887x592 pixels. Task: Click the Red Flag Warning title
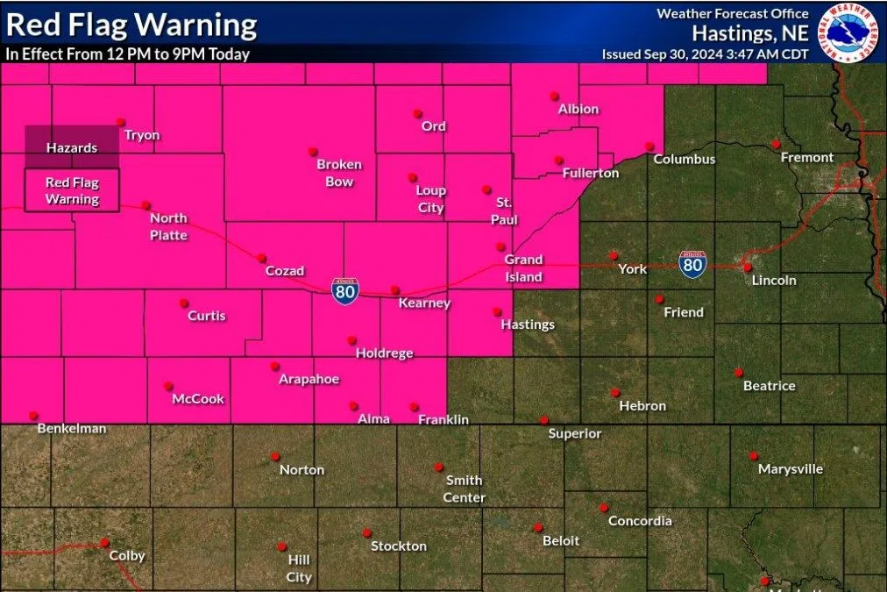pos(131,24)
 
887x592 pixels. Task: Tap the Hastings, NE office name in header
pos(750,33)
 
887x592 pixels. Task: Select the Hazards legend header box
pos(72,146)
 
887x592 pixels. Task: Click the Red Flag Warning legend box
pos(72,190)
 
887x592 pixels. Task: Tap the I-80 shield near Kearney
pos(344,290)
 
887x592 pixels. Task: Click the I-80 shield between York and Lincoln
pos(692,263)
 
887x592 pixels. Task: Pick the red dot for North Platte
pos(146,205)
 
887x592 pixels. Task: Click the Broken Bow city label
pos(339,173)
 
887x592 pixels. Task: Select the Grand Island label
pos(523,268)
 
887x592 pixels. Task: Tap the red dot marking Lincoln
pos(747,267)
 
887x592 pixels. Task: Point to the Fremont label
pos(807,158)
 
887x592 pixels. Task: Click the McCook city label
pos(198,399)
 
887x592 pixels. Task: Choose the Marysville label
pos(791,469)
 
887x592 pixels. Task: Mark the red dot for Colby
pos(104,542)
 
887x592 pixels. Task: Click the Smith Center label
pos(464,489)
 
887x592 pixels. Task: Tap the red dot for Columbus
pos(649,146)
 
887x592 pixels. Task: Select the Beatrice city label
pos(770,386)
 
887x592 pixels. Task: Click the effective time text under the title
pos(127,54)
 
